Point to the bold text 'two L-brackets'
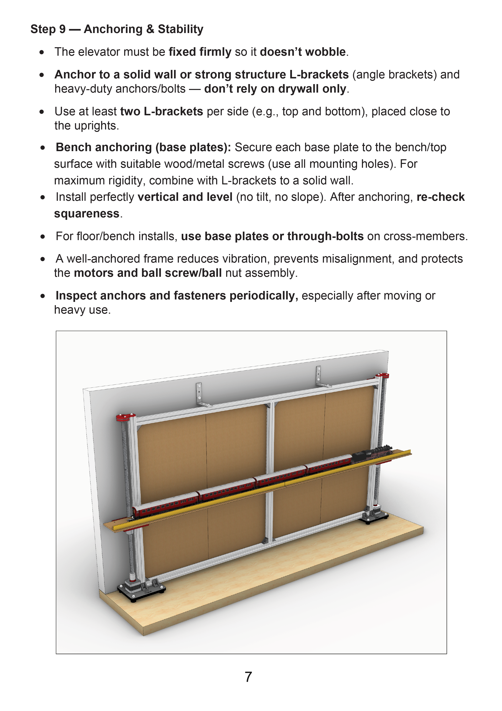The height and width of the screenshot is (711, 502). [x=161, y=111]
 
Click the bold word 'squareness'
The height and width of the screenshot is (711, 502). [x=87, y=214]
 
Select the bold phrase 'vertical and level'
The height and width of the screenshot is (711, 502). [x=185, y=197]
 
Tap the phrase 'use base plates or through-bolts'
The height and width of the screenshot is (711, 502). [x=272, y=236]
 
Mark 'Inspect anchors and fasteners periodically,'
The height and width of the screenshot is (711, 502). [x=177, y=296]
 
